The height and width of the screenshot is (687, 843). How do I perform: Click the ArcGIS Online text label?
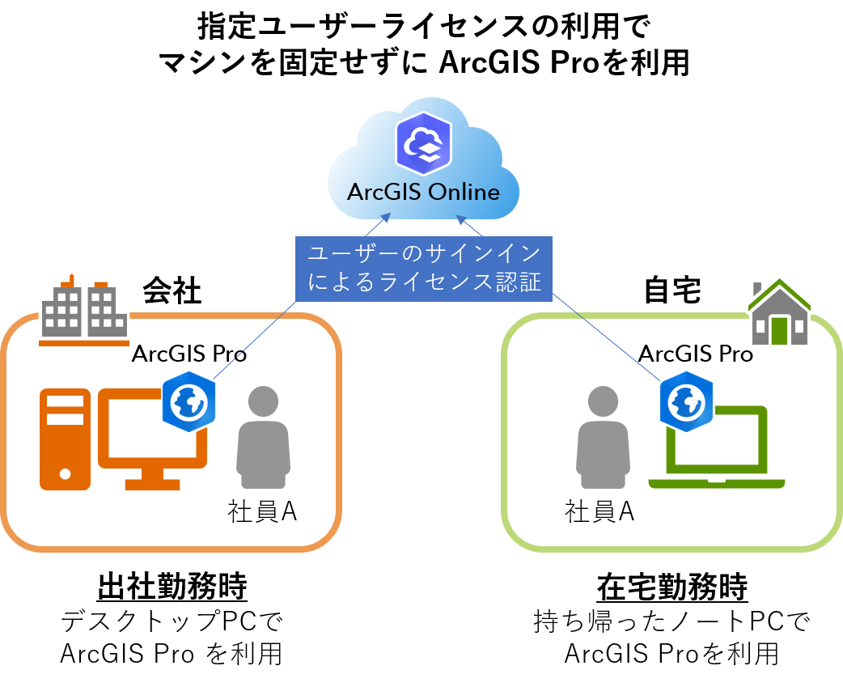(422, 193)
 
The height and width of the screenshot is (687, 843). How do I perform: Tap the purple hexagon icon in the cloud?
(423, 144)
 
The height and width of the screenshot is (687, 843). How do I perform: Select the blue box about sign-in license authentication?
(424, 269)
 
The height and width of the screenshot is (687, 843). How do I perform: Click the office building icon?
(83, 313)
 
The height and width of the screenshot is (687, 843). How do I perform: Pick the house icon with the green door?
(779, 313)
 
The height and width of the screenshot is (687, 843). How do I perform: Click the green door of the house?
(779, 329)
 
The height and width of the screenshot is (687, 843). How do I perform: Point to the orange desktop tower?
(65, 439)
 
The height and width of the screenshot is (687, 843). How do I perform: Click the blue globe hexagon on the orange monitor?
(189, 401)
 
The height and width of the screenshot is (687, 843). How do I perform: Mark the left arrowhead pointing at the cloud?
(386, 218)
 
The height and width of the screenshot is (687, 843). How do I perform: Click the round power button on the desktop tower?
(65, 473)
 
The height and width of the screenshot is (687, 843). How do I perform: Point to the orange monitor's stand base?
(152, 484)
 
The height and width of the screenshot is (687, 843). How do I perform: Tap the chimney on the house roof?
(757, 290)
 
